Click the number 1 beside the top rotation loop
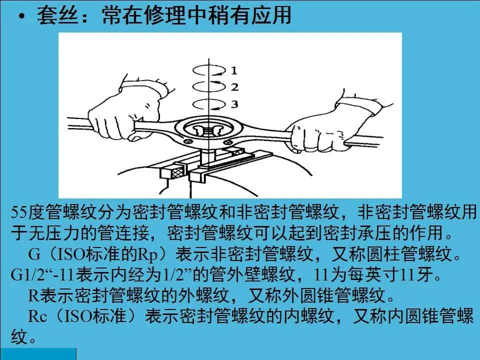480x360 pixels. [x=234, y=70]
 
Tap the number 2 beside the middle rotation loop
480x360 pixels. [x=234, y=87]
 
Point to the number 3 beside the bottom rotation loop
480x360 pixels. [x=234, y=104]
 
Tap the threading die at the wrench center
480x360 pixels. [x=208, y=131]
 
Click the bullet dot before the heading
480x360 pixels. [x=21, y=17]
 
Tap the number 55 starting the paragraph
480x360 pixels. [x=19, y=212]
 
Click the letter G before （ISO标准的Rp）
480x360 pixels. [x=34, y=254]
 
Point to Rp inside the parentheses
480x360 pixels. [x=148, y=254]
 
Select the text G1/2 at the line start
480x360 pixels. [x=27, y=274]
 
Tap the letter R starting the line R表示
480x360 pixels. [x=33, y=295]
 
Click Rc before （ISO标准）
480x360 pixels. [x=37, y=316]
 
